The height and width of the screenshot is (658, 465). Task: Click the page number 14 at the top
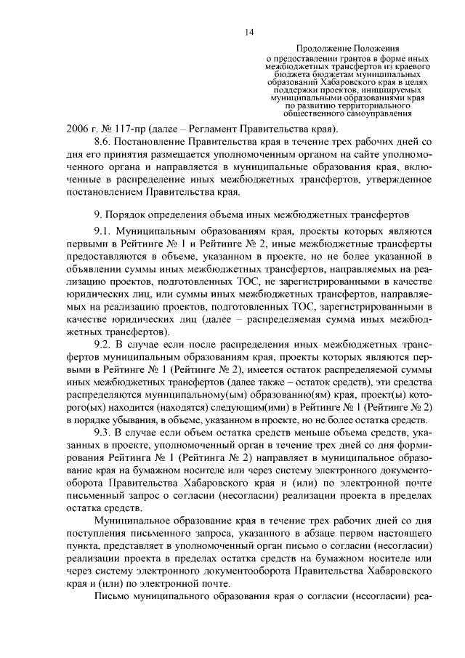click(249, 31)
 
